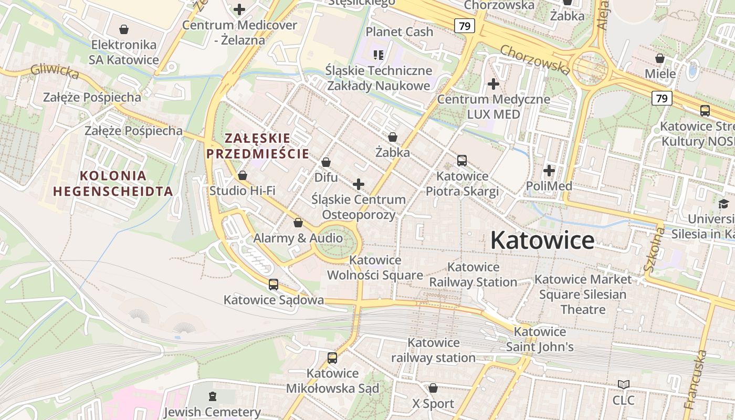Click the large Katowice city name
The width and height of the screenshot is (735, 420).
pos(542,240)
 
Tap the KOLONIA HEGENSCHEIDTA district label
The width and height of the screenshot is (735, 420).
pos(113,183)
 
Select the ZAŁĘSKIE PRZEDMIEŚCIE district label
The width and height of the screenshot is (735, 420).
pos(257,146)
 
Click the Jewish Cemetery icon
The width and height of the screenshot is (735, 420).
pos(212,396)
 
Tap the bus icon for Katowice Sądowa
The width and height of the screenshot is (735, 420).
pos(274,285)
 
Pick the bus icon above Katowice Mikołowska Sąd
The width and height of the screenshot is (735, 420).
pos(332,358)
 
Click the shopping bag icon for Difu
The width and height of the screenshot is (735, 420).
pos(326,162)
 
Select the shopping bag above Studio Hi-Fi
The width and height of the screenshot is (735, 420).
pos(243,175)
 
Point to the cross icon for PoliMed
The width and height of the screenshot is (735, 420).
pos(549,171)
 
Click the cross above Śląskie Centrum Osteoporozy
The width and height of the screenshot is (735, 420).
pos(359,184)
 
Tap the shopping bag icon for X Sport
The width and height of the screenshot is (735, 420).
pos(433,388)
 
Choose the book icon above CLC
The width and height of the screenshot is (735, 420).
pos(623,385)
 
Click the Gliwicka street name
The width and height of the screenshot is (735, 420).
pos(55,71)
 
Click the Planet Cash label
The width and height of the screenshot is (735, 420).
pos(400,31)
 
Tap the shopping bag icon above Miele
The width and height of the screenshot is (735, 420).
pos(660,58)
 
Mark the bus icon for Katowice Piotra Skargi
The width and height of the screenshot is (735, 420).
pos(462,161)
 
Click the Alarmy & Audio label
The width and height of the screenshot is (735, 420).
pos(298,238)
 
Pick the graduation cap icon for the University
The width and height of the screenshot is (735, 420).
pos(724,204)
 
